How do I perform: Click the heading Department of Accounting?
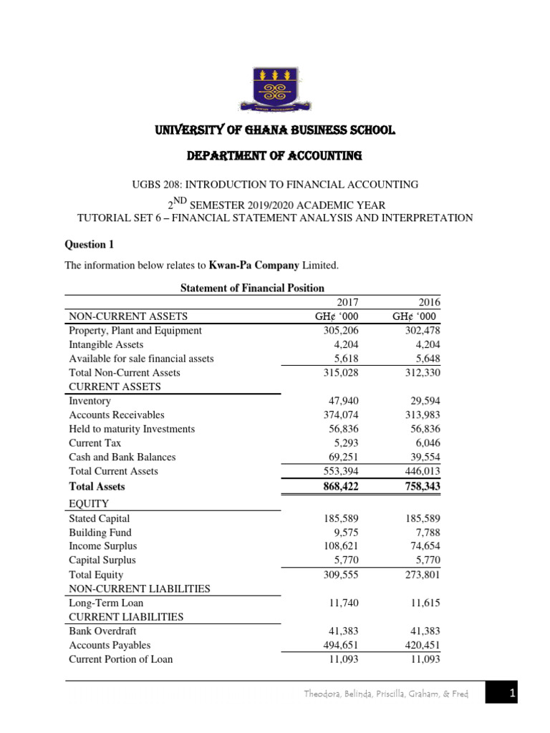pyautogui.click(x=274, y=155)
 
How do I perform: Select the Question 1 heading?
pyautogui.click(x=90, y=244)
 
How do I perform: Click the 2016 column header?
pyautogui.click(x=429, y=303)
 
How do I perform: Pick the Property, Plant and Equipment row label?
pyautogui.click(x=135, y=331)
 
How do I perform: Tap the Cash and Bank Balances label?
pyautogui.click(x=122, y=457)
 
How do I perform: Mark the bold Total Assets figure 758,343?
pyautogui.click(x=422, y=487)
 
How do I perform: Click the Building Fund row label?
pyautogui.click(x=100, y=533)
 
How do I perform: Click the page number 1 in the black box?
pyautogui.click(x=513, y=693)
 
